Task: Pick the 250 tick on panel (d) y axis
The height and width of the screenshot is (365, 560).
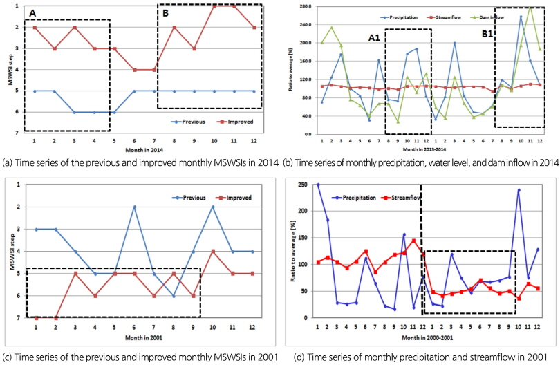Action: pyautogui.click(x=304, y=185)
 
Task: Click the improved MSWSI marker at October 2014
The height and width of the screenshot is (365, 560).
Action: pyautogui.click(x=214, y=6)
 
